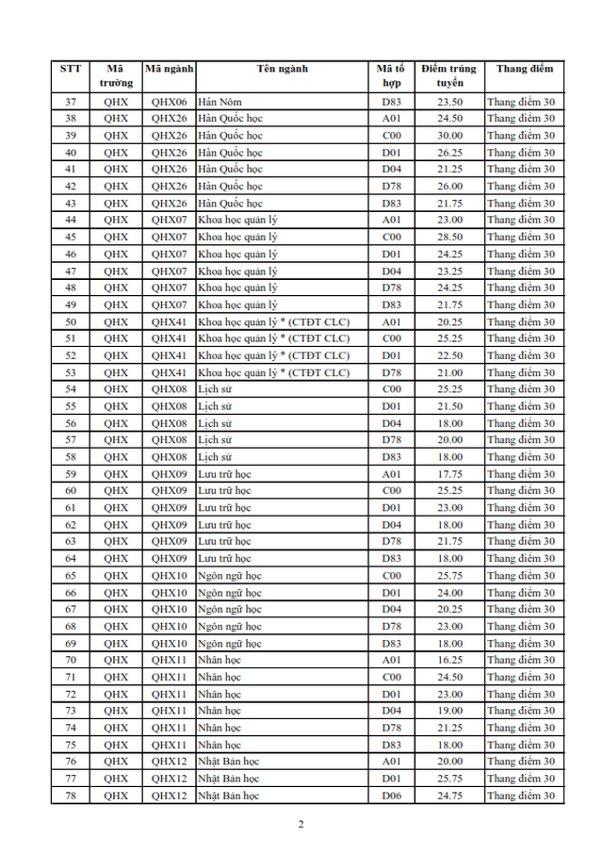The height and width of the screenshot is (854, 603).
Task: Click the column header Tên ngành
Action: [282, 68]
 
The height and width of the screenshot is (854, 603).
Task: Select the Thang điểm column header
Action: [525, 68]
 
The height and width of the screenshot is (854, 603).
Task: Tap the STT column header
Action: [71, 68]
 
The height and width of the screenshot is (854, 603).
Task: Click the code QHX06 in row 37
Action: [170, 102]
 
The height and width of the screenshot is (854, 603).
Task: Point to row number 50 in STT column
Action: [71, 321]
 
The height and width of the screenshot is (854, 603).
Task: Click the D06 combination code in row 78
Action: [392, 797]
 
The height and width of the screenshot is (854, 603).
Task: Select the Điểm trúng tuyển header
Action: [449, 75]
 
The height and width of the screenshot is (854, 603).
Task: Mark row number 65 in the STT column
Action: [71, 576]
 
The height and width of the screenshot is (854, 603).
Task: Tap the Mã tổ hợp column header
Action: [391, 75]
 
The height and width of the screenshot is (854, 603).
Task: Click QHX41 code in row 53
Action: [170, 372]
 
